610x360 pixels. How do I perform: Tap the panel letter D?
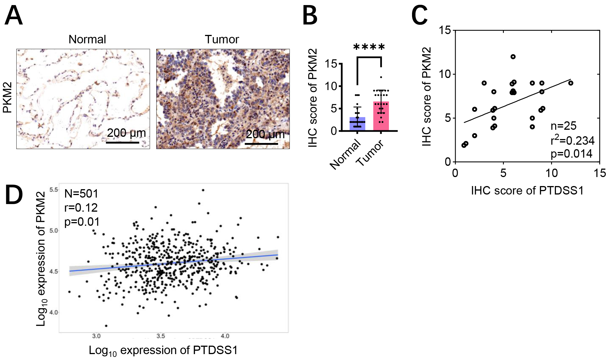[14, 195]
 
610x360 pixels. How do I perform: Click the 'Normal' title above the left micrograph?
[87, 39]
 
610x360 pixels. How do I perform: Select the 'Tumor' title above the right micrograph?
[222, 39]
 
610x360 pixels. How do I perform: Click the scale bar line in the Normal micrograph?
[123, 142]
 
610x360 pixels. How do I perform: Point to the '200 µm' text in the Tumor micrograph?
[265, 134]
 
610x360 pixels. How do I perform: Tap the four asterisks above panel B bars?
[369, 47]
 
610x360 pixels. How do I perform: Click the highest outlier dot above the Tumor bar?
[381, 77]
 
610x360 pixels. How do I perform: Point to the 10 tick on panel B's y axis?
[331, 86]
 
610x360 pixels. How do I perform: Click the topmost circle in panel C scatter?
[513, 57]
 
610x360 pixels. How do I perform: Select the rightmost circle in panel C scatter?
[571, 83]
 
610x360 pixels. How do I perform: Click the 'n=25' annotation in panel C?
[564, 126]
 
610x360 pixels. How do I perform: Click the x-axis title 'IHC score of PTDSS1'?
[527, 191]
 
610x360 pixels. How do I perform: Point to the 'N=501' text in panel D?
[81, 194]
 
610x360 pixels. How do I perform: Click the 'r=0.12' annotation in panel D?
[81, 208]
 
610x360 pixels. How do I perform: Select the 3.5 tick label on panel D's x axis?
[161, 336]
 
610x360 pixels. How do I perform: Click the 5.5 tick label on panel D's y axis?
[54, 190]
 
